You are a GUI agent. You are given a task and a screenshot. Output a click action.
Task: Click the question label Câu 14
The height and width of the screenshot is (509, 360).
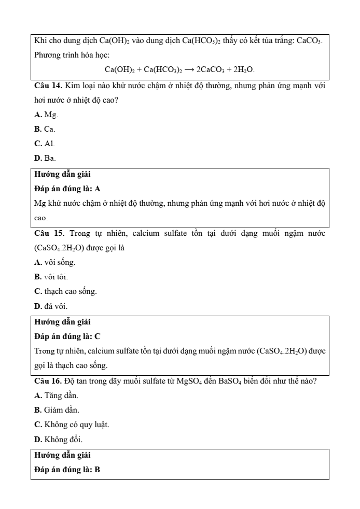click(x=47, y=86)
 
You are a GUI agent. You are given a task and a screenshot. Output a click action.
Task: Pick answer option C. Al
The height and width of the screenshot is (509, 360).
click(x=45, y=143)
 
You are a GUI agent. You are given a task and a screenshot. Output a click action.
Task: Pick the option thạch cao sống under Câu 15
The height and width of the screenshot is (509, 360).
click(x=65, y=291)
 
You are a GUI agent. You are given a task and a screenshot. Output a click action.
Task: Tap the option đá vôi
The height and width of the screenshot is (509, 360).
click(x=51, y=306)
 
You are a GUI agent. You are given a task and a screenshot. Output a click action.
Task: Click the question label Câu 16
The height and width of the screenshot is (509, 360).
click(x=47, y=381)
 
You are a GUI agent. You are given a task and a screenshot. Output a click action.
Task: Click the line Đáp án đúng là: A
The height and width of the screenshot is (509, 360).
click(x=67, y=189)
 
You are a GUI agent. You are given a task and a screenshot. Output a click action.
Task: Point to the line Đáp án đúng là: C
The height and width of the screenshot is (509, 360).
click(x=67, y=336)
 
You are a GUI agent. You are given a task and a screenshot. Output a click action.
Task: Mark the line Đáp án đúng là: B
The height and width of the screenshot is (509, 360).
click(x=67, y=470)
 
